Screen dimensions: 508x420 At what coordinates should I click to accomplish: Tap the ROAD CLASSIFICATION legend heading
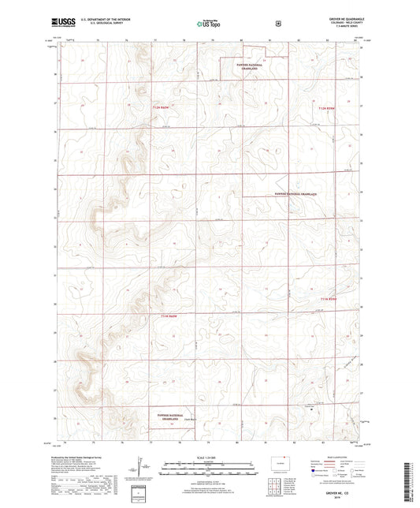click(x=331, y=458)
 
